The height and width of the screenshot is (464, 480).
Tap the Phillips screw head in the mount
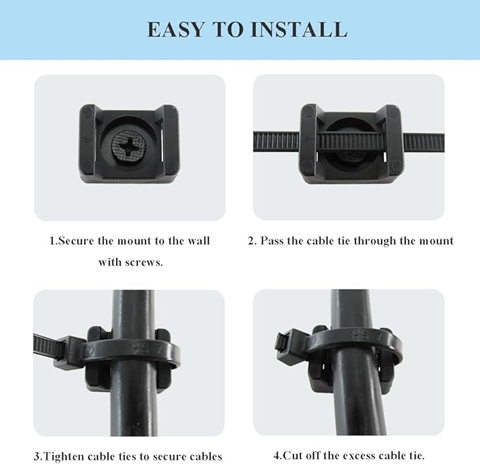(129, 143)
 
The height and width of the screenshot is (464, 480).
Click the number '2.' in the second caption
(252, 241)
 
